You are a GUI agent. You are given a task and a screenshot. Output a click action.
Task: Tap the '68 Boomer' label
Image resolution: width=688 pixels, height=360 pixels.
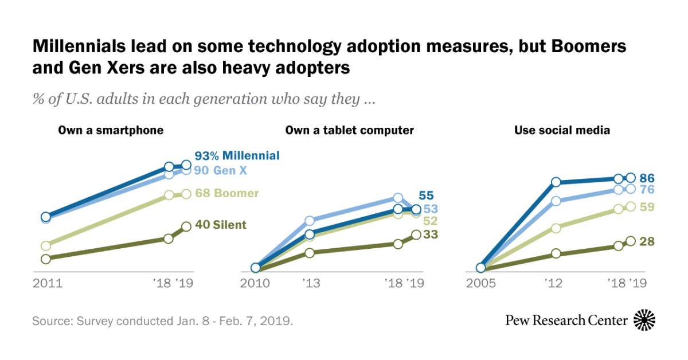pyautogui.click(x=227, y=193)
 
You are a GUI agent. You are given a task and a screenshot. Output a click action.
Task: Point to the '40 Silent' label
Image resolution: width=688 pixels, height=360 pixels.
pyautogui.click(x=221, y=225)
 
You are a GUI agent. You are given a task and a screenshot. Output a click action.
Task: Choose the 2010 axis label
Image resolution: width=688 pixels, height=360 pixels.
pyautogui.click(x=255, y=283)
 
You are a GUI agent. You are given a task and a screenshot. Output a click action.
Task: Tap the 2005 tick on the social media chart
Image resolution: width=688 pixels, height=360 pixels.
pyautogui.click(x=481, y=283)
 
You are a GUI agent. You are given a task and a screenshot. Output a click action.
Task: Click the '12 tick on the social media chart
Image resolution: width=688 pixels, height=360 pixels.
pyautogui.click(x=555, y=283)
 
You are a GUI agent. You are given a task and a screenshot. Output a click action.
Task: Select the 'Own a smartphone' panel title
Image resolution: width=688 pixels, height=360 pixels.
pyautogui.click(x=111, y=130)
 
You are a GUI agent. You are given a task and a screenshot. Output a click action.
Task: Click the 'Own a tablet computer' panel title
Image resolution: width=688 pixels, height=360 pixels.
pyautogui.click(x=350, y=130)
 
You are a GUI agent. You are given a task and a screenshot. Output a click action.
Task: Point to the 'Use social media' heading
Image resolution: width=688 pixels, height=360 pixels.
pyautogui.click(x=562, y=130)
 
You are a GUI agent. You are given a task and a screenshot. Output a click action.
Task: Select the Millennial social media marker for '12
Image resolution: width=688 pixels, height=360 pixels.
pyautogui.click(x=555, y=182)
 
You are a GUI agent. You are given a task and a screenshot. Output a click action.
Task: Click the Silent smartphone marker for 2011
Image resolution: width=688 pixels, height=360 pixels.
pyautogui.click(x=46, y=259)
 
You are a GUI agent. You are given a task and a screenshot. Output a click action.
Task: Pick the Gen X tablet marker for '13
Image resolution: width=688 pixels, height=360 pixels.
pyautogui.click(x=310, y=221)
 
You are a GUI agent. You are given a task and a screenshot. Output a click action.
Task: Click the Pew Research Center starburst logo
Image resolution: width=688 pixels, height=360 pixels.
pyautogui.click(x=644, y=320)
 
